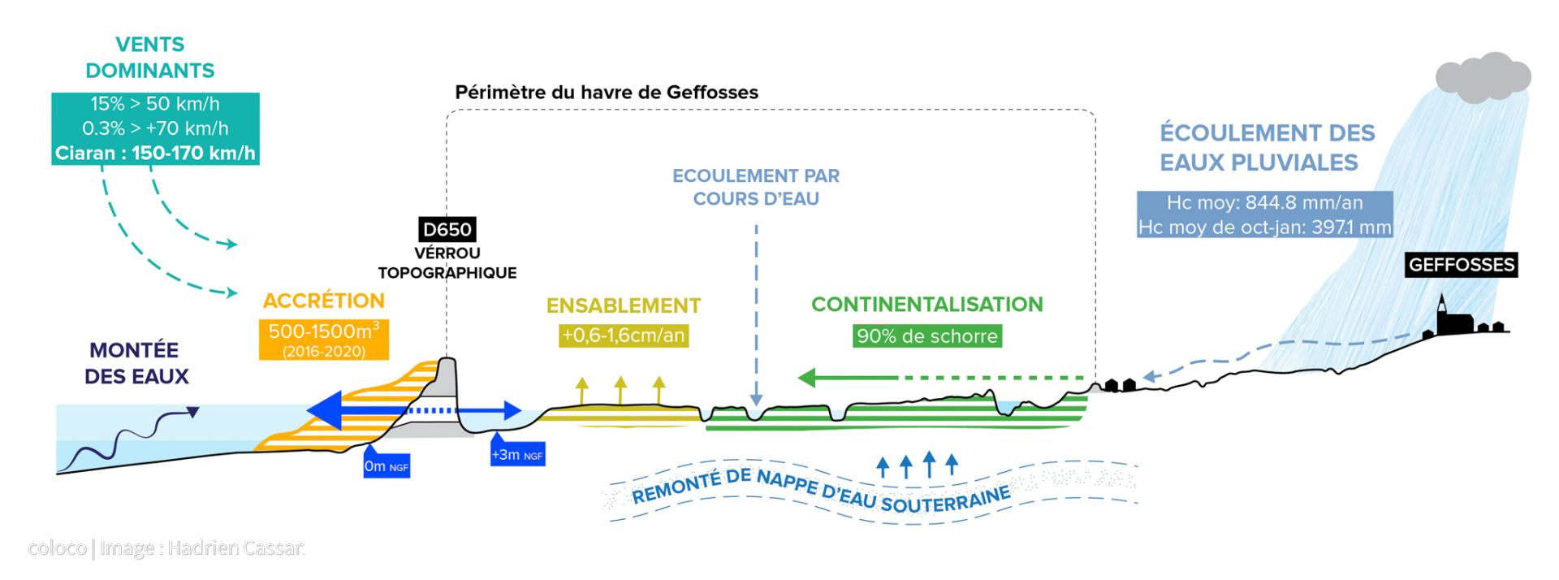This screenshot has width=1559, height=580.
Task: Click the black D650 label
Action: point(447,229)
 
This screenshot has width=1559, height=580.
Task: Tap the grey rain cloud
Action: point(1483,77)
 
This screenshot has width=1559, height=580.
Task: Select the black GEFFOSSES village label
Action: point(1461,265)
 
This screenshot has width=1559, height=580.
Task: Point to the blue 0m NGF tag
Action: point(386,465)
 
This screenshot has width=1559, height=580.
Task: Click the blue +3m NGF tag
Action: point(517,454)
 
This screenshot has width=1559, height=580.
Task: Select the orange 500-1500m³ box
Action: point(324,339)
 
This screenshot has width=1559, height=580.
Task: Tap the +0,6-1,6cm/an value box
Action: point(624,335)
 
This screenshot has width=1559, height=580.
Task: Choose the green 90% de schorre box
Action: point(926,336)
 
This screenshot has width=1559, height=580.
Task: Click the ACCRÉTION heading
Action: point(324,301)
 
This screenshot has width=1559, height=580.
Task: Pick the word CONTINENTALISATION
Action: point(926,305)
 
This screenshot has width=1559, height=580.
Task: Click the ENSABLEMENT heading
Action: point(624,305)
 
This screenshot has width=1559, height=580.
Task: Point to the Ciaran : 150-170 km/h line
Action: point(155,154)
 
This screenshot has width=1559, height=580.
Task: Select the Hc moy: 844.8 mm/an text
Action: point(1264,202)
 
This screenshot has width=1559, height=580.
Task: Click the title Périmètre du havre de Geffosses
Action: point(607,93)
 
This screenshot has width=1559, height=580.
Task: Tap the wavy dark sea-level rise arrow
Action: point(130,439)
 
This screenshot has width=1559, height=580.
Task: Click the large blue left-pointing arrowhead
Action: point(325,410)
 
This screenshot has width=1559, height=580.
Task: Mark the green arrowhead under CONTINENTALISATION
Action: point(809,378)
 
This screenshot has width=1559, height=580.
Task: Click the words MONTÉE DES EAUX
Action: point(136,363)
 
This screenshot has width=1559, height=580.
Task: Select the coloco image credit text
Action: point(166,548)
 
